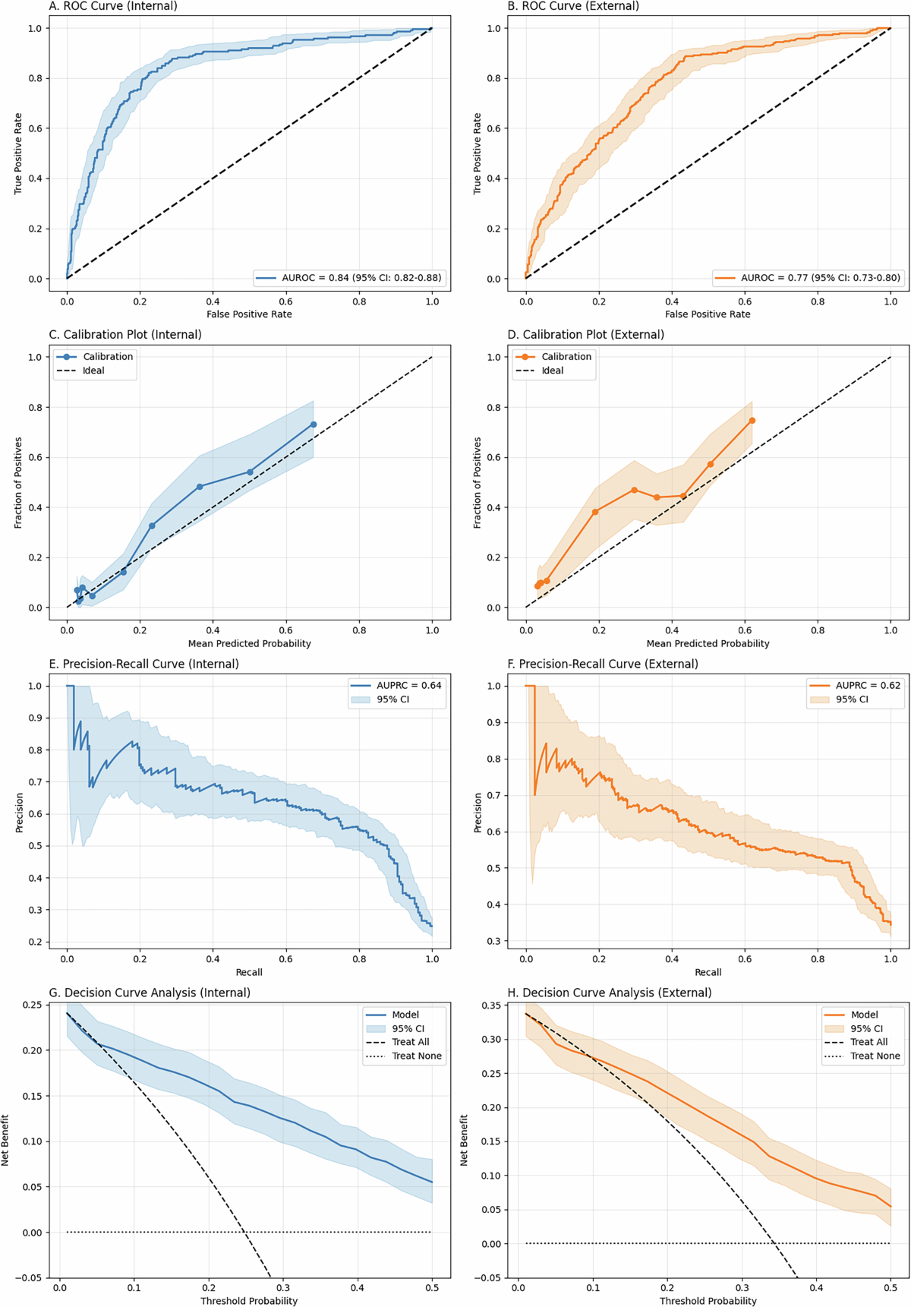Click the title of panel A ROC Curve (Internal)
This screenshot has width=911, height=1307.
tap(113, 6)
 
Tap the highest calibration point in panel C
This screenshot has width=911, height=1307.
tap(314, 425)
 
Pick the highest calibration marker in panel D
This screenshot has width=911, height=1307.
tap(752, 421)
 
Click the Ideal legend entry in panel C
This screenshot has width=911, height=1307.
tap(93, 371)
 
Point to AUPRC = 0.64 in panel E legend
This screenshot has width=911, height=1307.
tap(408, 685)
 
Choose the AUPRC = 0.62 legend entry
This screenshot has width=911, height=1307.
tap(868, 685)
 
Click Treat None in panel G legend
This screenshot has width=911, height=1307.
tap(416, 1056)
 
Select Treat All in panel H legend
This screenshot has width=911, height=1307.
tap(868, 1042)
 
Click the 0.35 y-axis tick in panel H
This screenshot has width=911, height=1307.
tap(491, 1006)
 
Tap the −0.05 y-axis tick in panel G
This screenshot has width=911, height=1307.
tap(31, 1278)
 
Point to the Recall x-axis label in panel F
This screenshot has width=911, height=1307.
tap(708, 972)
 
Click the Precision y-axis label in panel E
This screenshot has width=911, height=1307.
tap(20, 813)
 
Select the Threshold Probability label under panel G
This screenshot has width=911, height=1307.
tap(249, 1301)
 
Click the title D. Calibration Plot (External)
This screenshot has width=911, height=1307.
tap(585, 335)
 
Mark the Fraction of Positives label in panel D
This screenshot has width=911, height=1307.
tap(478, 483)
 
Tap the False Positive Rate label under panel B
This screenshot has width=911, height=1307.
tap(708, 314)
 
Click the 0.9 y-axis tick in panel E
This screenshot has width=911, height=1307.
tap(35, 718)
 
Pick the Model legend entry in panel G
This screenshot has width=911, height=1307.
tap(405, 1015)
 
